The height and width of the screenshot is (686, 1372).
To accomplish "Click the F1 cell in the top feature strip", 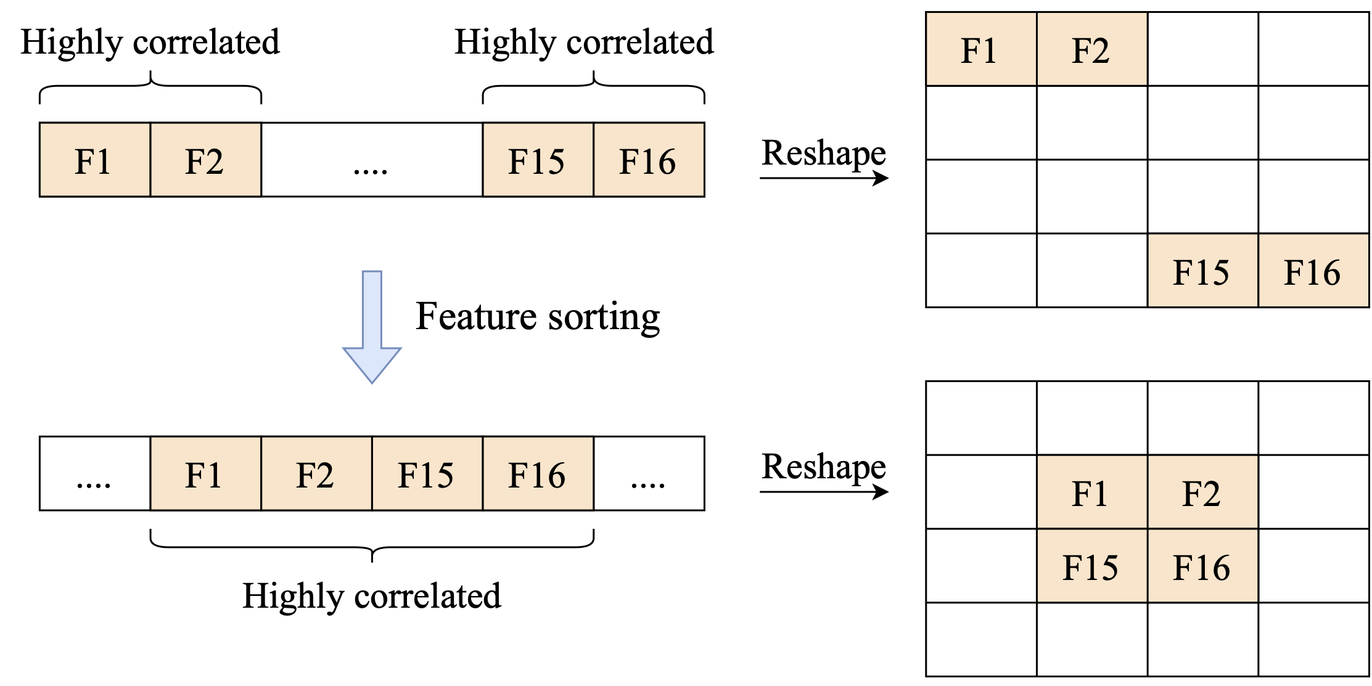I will [94, 160].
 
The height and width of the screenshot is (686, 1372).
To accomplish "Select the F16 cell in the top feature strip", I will [649, 160].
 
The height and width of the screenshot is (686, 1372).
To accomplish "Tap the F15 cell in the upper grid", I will [1202, 271].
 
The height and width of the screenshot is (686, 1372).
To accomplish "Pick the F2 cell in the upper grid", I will [1091, 49].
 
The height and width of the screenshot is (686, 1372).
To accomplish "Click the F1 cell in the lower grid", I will [1091, 492].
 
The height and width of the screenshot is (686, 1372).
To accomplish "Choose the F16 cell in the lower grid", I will [1202, 566].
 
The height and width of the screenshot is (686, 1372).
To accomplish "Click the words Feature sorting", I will [537, 317].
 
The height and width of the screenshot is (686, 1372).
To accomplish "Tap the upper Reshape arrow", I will [824, 178].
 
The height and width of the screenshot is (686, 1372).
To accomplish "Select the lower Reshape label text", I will [824, 466].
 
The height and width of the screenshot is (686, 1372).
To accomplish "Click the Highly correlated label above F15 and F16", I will [584, 42].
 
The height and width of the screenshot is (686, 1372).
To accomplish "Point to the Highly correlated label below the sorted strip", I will [372, 596].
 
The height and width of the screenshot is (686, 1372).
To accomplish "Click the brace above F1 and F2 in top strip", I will [150, 87].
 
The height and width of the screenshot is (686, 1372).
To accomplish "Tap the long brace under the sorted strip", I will [372, 546].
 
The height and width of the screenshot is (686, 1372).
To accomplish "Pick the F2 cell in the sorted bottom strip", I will [316, 474].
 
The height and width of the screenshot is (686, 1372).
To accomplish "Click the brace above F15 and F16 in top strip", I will [593, 87].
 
